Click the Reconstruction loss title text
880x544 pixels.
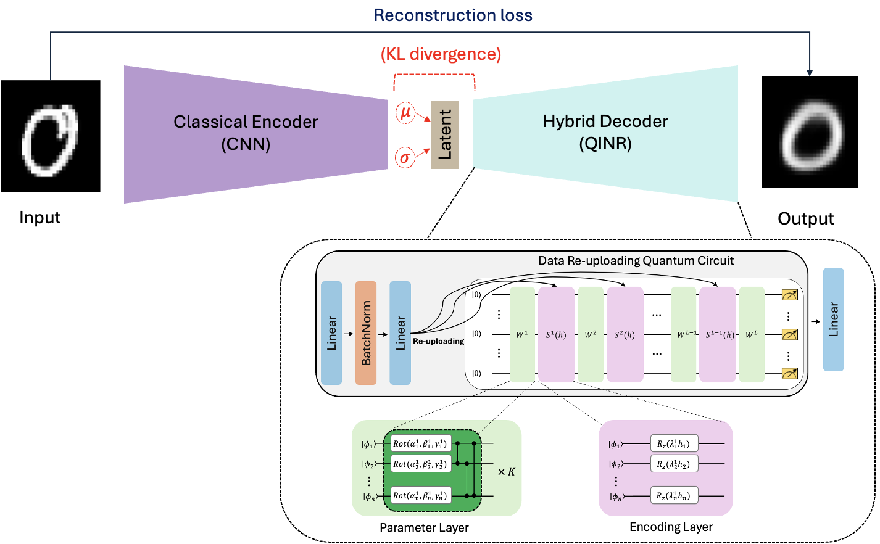click(x=452, y=15)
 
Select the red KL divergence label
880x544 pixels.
click(x=441, y=54)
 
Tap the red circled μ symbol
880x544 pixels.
click(x=405, y=112)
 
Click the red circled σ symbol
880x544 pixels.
click(x=405, y=158)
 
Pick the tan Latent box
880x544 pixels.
click(x=445, y=134)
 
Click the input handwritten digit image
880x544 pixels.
click(x=51, y=136)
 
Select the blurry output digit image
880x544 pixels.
click(x=810, y=133)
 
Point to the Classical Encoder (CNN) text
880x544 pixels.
click(x=246, y=133)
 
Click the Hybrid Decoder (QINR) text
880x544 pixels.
click(x=605, y=132)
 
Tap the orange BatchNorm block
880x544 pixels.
click(x=366, y=333)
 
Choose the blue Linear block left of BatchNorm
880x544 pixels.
click(x=331, y=333)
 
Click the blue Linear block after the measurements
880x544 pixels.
click(x=833, y=319)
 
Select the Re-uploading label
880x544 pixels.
click(x=438, y=341)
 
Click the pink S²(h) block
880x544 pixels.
click(x=625, y=334)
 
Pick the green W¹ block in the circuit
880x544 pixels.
click(x=522, y=334)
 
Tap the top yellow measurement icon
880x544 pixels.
click(x=789, y=295)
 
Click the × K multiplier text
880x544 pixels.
click(x=507, y=472)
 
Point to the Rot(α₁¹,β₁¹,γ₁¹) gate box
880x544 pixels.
click(x=420, y=443)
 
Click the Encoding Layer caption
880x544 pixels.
click(x=671, y=527)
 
